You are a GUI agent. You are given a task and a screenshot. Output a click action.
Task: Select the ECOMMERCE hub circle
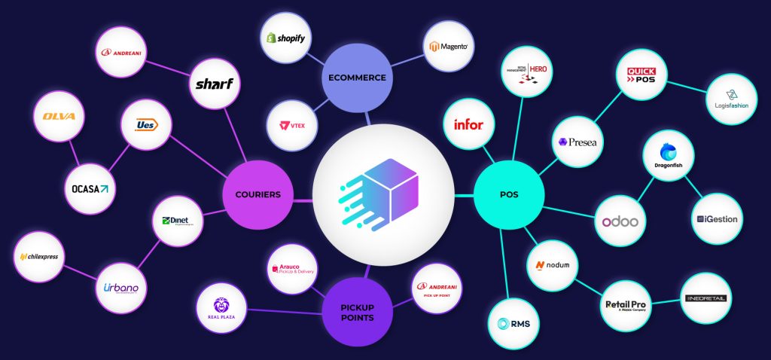tap(356, 78)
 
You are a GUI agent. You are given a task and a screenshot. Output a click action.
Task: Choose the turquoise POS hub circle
tap(509, 194)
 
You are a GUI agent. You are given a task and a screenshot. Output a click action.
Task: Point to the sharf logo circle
tap(214, 84)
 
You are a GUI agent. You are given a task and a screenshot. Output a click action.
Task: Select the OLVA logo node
tap(59, 117)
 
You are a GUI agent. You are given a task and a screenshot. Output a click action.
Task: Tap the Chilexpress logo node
tap(39, 257)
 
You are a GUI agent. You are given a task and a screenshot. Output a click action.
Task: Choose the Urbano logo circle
tap(121, 288)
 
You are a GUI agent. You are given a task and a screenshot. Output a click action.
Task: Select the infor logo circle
tap(468, 124)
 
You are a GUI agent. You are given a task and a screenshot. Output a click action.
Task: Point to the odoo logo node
tap(620, 221)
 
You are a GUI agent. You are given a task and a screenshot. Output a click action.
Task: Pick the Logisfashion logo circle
tap(733, 100)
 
